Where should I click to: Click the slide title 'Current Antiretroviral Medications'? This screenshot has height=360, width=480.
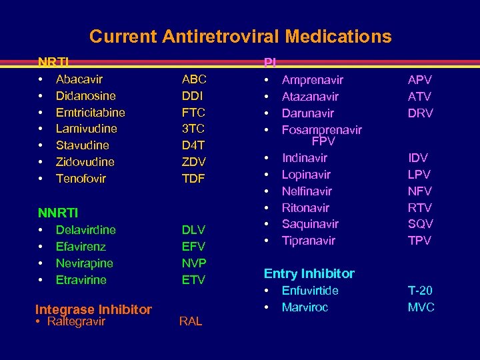coord(240,36)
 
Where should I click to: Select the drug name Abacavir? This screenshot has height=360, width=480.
coord(79,80)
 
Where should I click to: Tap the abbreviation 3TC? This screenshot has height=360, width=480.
coord(193,129)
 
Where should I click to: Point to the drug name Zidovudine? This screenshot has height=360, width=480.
coord(85,162)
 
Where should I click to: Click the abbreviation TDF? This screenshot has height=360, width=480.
coord(194,179)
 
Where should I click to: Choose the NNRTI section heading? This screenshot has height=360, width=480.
coord(58,213)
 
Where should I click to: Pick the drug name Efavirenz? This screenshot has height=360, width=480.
coord(81,247)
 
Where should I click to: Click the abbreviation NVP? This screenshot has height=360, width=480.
coord(194,263)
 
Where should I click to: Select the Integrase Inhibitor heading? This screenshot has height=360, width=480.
coord(93,310)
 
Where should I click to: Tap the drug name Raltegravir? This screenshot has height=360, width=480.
coord(81,322)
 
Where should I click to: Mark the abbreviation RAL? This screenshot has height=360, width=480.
coord(191,323)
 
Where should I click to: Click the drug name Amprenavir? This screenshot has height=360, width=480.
coord(313,80)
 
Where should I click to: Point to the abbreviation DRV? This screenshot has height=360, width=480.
coord(421,113)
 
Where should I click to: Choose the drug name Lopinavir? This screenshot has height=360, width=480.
coord(307,175)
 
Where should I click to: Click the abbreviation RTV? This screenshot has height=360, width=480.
coord(420,208)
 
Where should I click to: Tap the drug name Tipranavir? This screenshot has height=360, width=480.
coord(309,241)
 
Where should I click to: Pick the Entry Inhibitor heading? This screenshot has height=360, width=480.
coord(309,274)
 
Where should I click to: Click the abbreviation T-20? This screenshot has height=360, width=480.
coord(420,291)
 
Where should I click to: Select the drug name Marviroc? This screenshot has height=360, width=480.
coord(305,307)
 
